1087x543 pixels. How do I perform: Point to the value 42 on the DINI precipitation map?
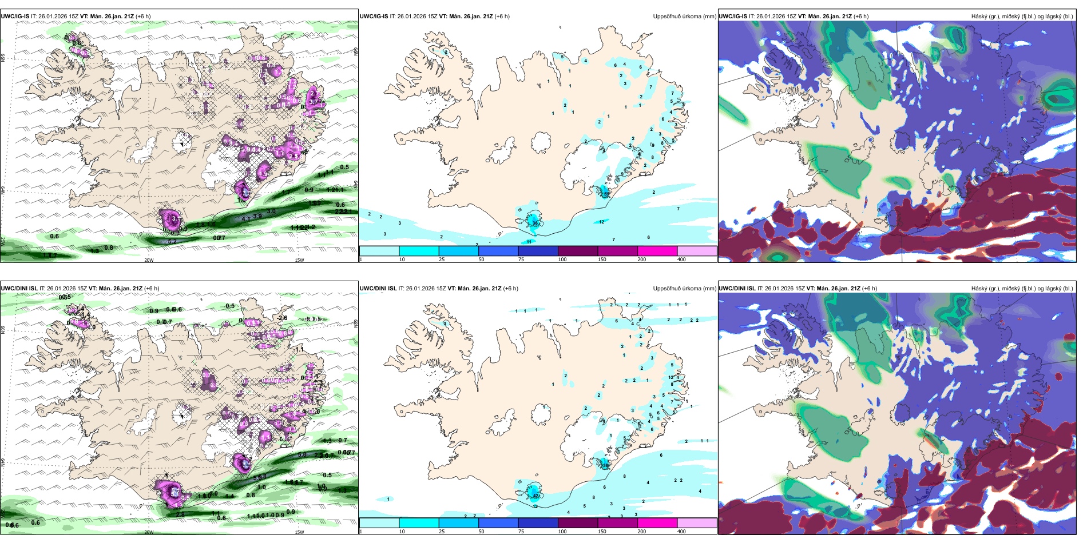[536, 496]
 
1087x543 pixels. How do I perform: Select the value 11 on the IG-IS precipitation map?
[529, 242]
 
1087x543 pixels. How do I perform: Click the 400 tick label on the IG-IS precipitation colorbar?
[681, 259]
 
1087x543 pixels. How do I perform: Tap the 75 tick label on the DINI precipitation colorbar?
[521, 532]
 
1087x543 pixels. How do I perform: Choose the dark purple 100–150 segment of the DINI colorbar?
[578, 523]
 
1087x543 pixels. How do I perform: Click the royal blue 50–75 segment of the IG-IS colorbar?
[498, 251]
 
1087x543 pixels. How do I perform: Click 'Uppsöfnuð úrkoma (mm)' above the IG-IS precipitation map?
[684, 17]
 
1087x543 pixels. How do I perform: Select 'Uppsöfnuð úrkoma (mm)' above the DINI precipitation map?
[684, 289]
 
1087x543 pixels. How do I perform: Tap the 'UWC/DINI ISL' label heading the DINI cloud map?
[737, 289]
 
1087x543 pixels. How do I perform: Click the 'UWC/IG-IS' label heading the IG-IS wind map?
[15, 17]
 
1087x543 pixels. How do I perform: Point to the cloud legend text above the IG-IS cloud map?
[1022, 17]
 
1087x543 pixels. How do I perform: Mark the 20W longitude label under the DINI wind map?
[149, 532]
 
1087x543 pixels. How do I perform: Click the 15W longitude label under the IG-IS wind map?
[299, 260]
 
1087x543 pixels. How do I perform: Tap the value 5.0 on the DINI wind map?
[302, 454]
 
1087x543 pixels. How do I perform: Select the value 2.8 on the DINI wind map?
[180, 514]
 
